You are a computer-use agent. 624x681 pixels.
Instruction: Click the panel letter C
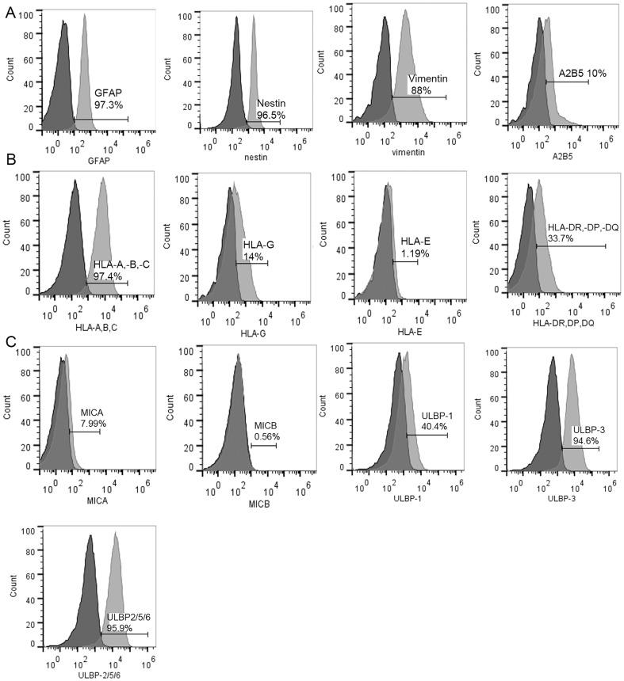[x=10, y=342]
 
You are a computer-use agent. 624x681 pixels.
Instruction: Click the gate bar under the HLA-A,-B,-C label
[x=106, y=282]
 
